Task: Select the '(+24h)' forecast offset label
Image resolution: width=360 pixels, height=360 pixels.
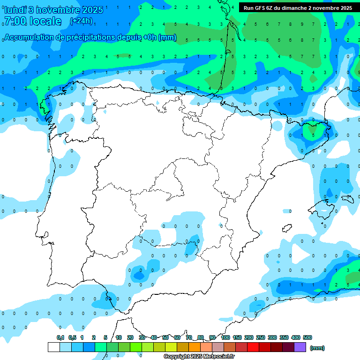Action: tap(81, 21)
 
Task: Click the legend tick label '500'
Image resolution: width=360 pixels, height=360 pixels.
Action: tap(307, 337)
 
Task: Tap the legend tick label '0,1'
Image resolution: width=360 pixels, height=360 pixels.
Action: tap(60, 337)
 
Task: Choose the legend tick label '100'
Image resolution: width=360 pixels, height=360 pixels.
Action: tap(225, 337)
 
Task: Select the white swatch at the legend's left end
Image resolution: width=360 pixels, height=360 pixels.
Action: tap(53, 347)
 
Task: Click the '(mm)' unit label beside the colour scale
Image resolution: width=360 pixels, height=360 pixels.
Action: tap(317, 348)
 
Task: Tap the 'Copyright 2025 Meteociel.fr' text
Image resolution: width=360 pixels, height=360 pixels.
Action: tap(199, 357)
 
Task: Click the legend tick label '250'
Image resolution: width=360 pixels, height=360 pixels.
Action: tap(261, 337)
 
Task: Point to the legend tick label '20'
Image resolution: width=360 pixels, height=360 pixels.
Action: tap(130, 337)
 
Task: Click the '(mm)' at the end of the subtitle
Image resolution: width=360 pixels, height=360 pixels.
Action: tap(168, 37)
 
